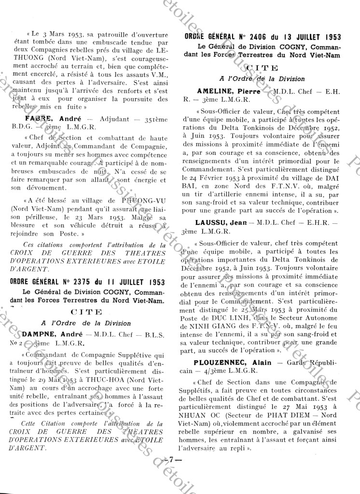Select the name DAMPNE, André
(46, 334)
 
